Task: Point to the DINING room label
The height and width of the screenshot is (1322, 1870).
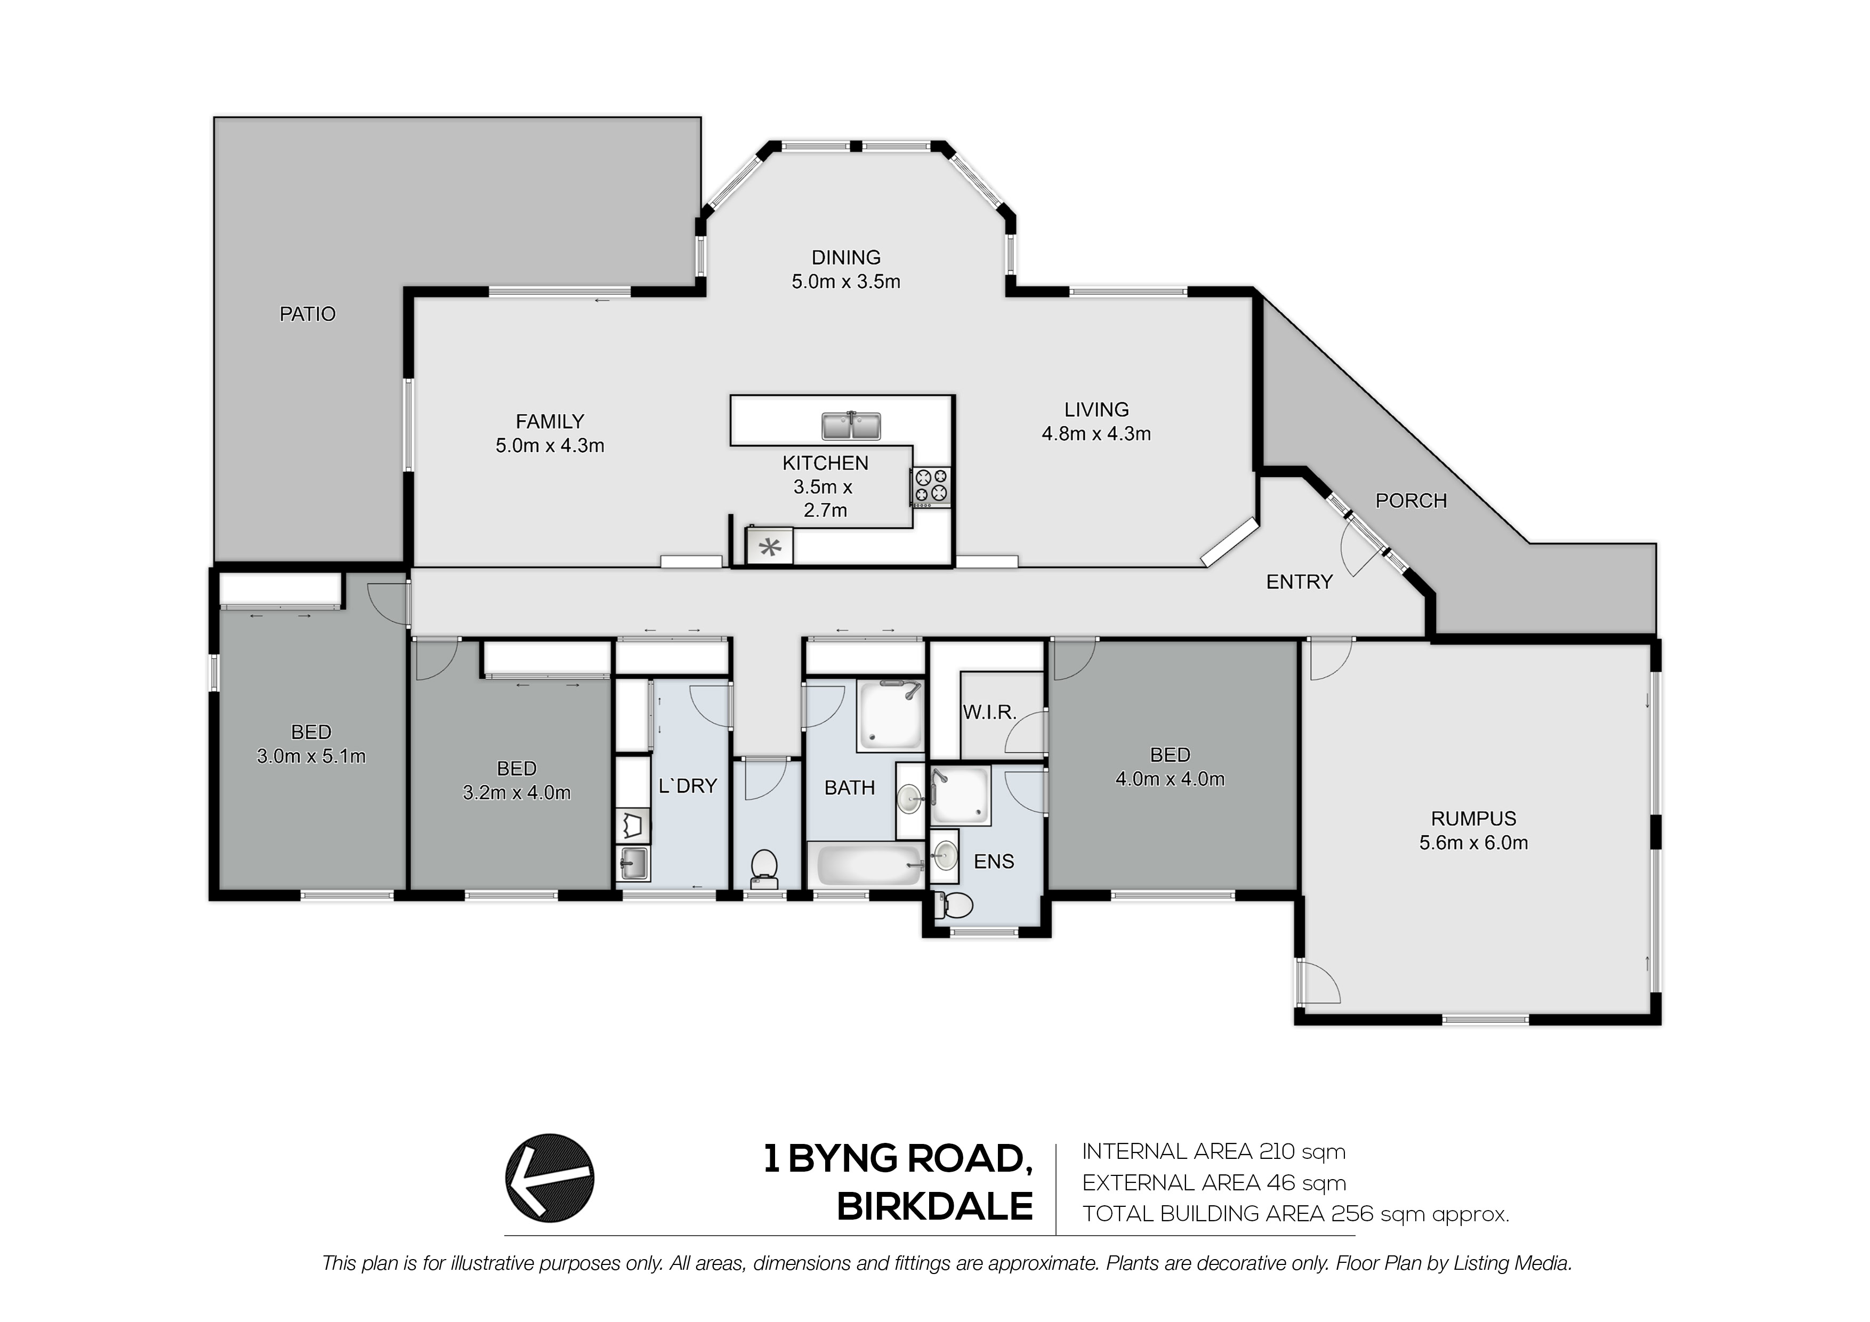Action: (846, 257)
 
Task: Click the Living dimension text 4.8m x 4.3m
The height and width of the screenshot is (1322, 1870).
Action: (1097, 434)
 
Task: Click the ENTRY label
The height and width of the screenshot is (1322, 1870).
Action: (1299, 582)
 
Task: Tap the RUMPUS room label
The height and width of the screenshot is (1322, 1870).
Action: (1473, 819)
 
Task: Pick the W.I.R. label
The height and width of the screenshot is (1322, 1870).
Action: (989, 713)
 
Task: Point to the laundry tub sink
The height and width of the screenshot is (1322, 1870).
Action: (633, 864)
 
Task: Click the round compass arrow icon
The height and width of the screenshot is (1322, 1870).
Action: (550, 1178)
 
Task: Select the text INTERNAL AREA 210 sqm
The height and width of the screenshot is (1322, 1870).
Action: (1214, 1152)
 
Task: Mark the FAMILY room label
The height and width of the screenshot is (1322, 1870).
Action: (550, 422)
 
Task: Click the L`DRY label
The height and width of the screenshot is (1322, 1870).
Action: (688, 786)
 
